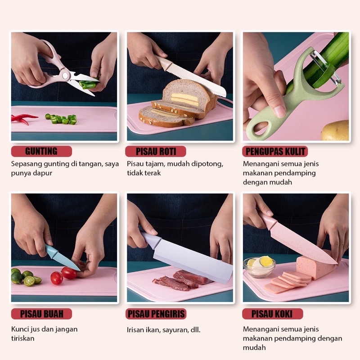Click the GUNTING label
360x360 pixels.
point(41,151)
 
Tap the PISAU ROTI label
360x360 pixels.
point(156,151)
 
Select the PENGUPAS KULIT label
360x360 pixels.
point(275,151)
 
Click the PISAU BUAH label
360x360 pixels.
point(41,314)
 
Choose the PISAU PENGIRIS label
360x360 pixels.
point(156,314)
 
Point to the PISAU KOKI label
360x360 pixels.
point(273,314)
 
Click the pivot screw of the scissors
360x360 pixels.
point(65,75)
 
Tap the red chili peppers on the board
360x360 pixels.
point(23,118)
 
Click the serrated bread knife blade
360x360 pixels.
point(196,81)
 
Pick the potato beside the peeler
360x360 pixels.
point(335,130)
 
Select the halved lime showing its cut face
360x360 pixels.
point(29,281)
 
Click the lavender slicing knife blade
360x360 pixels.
point(193,259)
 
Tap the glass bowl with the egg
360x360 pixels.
point(260,267)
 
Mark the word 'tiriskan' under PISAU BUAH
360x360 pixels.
point(23,338)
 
